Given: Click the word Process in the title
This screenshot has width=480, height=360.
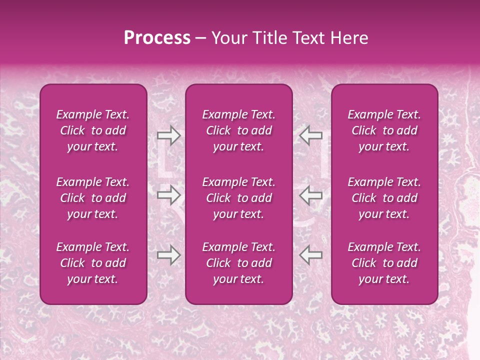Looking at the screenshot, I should pyautogui.click(x=157, y=38).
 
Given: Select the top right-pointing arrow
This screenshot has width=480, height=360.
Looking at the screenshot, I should pyautogui.click(x=168, y=135).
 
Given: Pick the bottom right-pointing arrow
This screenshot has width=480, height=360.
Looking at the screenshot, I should pyautogui.click(x=168, y=255).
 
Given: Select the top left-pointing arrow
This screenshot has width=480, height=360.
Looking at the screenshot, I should pyautogui.click(x=310, y=135).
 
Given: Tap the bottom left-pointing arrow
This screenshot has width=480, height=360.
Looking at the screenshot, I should pyautogui.click(x=310, y=255).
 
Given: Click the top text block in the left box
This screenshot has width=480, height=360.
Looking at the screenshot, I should pyautogui.click(x=93, y=130).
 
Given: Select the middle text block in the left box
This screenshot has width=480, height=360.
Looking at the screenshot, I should pyautogui.click(x=93, y=198).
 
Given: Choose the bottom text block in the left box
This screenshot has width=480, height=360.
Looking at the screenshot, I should pyautogui.click(x=93, y=263).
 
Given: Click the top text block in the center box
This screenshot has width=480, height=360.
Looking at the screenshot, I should pyautogui.click(x=239, y=130).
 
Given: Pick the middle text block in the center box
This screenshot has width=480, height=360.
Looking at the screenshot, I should pyautogui.click(x=239, y=198).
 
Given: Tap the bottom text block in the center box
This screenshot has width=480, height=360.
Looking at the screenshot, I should pyautogui.click(x=239, y=263).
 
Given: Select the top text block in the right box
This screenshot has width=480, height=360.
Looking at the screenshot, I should pyautogui.click(x=384, y=130).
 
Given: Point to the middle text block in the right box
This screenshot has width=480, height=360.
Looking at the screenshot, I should pyautogui.click(x=384, y=198).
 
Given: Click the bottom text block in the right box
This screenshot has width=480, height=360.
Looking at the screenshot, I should pyautogui.click(x=384, y=263).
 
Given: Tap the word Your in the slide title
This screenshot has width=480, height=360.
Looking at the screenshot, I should pyautogui.click(x=229, y=38).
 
